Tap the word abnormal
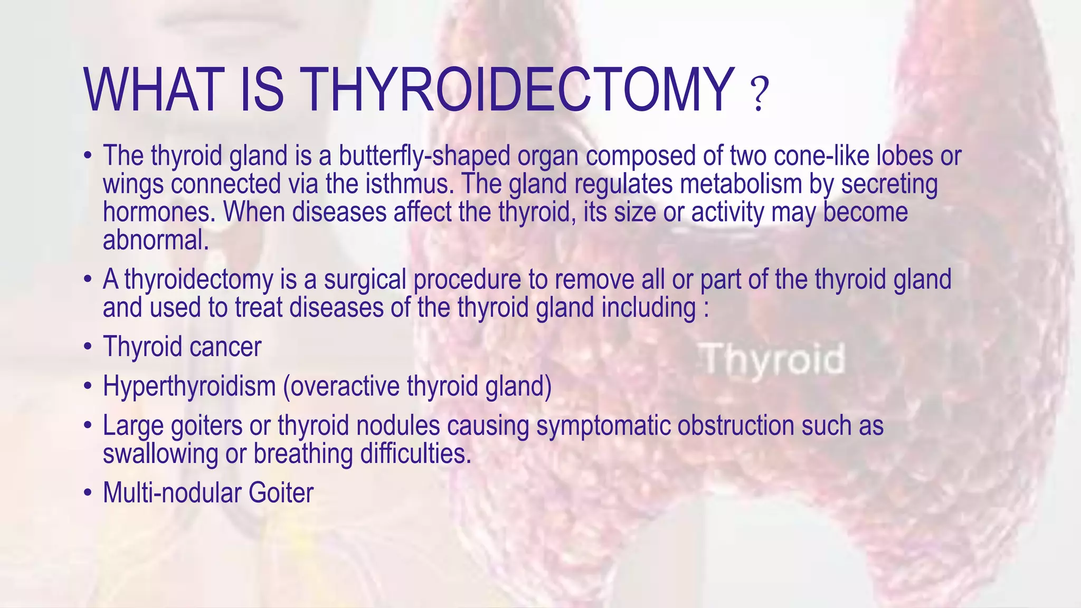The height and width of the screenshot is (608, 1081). coord(156,241)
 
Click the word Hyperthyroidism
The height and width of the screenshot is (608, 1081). coord(189,386)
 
